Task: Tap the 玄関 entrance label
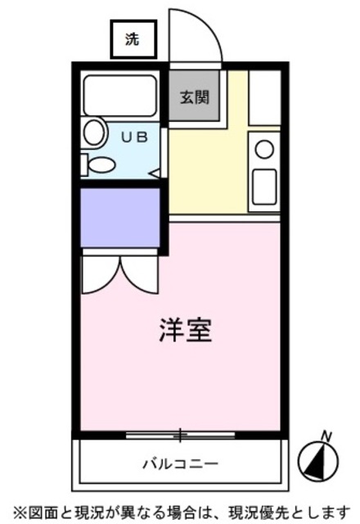194,97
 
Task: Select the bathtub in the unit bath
120,96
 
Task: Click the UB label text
134,138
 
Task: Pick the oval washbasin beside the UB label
95,133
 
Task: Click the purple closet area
119,217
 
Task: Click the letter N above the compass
326,435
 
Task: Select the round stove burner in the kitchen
264,149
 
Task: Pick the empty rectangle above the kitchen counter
264,98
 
